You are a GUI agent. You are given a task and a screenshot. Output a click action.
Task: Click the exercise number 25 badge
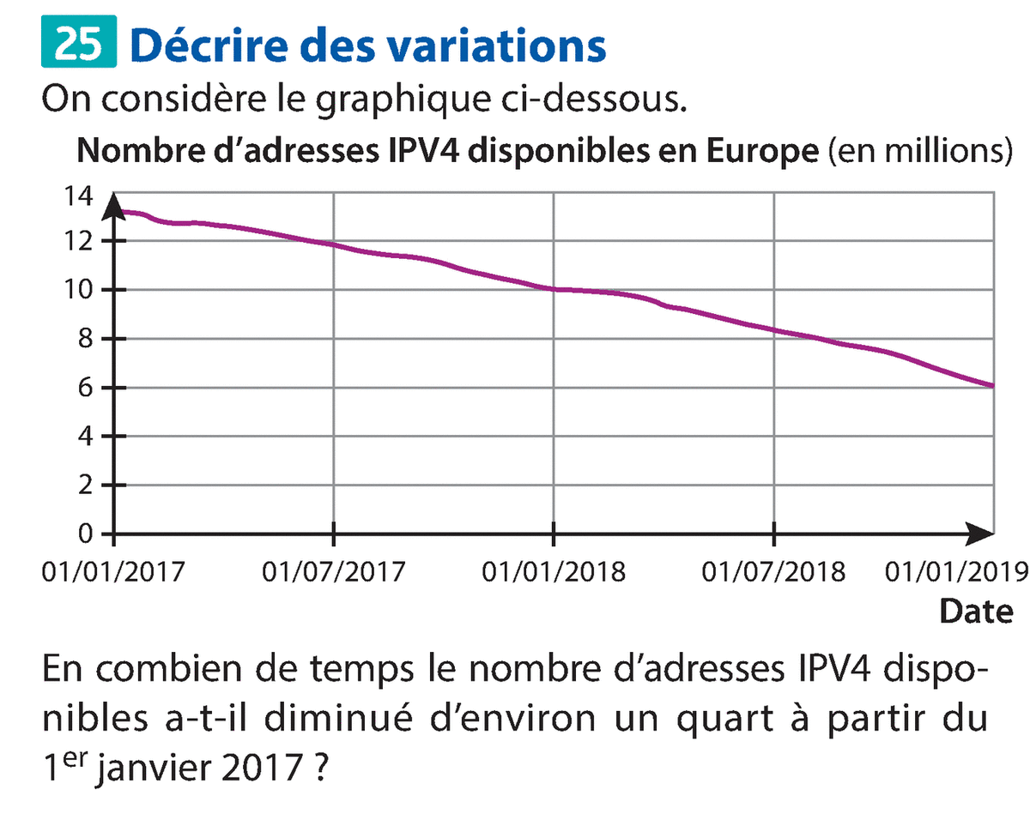click(77, 45)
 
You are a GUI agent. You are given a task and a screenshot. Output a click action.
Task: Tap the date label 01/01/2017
click(112, 571)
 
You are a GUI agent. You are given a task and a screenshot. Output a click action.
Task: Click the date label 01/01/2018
click(554, 571)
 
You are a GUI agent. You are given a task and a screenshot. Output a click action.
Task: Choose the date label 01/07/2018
click(773, 571)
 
